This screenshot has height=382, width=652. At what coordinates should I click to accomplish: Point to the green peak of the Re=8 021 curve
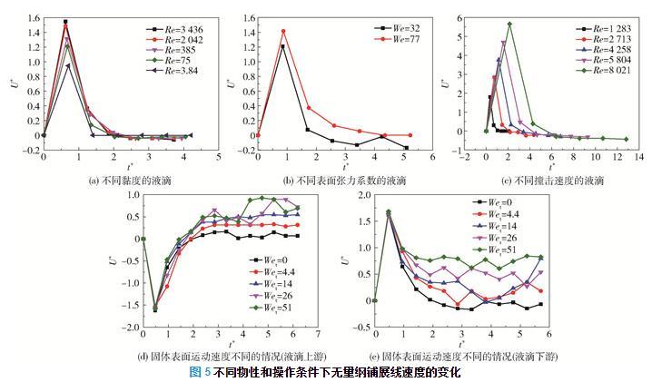click(509, 24)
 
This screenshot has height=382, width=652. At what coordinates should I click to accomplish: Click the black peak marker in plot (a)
click(65, 22)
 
